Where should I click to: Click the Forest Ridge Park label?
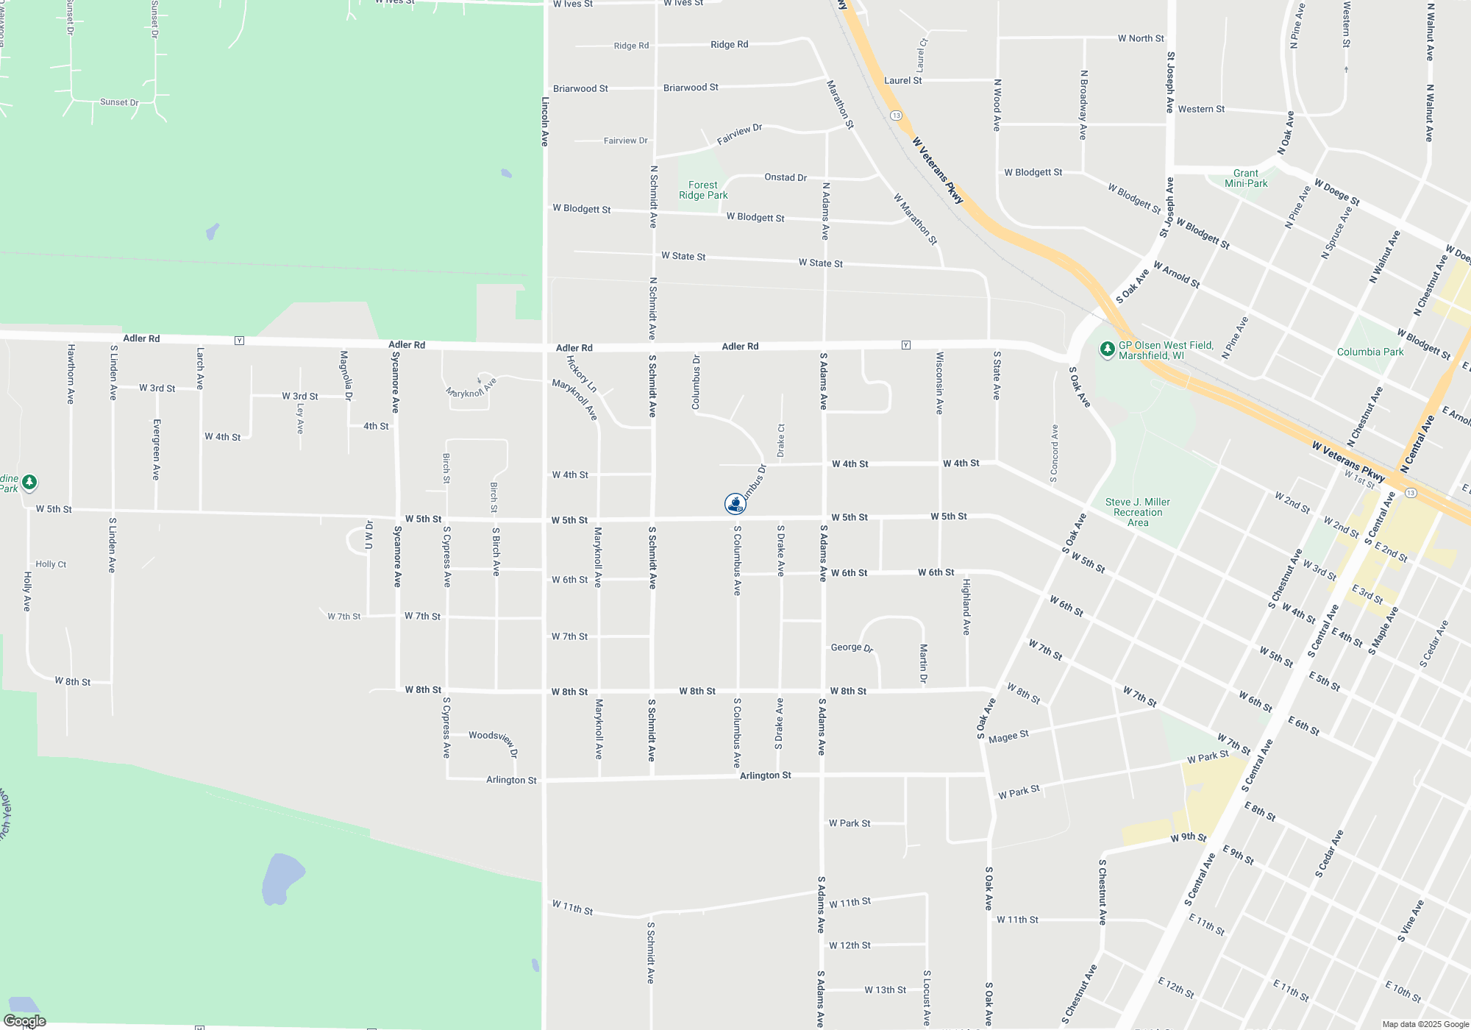[x=703, y=191]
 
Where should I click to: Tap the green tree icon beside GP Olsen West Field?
[x=1107, y=349]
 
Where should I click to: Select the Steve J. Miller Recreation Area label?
[x=1137, y=512]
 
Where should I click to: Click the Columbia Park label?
[x=1370, y=352]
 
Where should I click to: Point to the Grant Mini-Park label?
[x=1246, y=179]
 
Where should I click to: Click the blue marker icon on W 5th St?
[x=735, y=504]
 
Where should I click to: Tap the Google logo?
[x=25, y=1020]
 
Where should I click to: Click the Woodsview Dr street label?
[x=494, y=740]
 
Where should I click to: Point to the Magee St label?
[x=1008, y=737]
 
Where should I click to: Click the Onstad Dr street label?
[x=786, y=177]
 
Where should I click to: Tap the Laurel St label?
[x=902, y=81]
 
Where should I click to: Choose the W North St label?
[x=1141, y=38]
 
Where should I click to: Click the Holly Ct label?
[x=51, y=564]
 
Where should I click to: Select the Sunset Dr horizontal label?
[x=119, y=102]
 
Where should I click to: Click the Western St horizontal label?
[x=1201, y=110]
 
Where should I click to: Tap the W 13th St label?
[x=885, y=990]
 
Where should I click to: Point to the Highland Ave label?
[x=966, y=607]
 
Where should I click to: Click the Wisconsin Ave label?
[x=939, y=383]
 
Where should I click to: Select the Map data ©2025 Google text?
[x=1425, y=1024]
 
